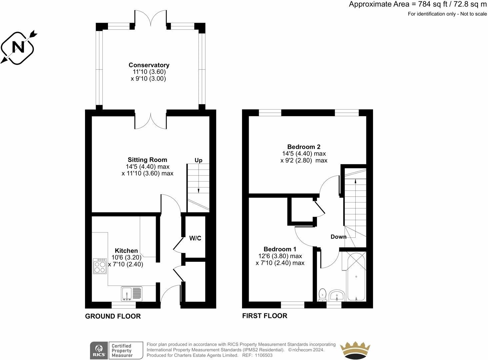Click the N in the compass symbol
[x=18, y=47]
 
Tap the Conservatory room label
[x=149, y=65]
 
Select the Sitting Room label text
[x=147, y=160]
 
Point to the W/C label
[x=195, y=238]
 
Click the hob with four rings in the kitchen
[x=100, y=266]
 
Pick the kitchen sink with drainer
[x=132, y=294]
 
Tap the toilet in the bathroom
[x=322, y=295]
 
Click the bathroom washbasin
[x=337, y=295]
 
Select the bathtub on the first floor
[x=356, y=276]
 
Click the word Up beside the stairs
[x=198, y=160]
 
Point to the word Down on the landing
[x=339, y=237]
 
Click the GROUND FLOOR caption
[x=113, y=316]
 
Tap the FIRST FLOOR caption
[x=265, y=316]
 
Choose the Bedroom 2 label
[x=304, y=147]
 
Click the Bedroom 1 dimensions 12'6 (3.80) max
[x=280, y=256]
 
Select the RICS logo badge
[x=99, y=350]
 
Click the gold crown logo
[x=355, y=350]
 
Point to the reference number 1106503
[x=264, y=355]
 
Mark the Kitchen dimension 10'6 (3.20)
[x=127, y=257]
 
